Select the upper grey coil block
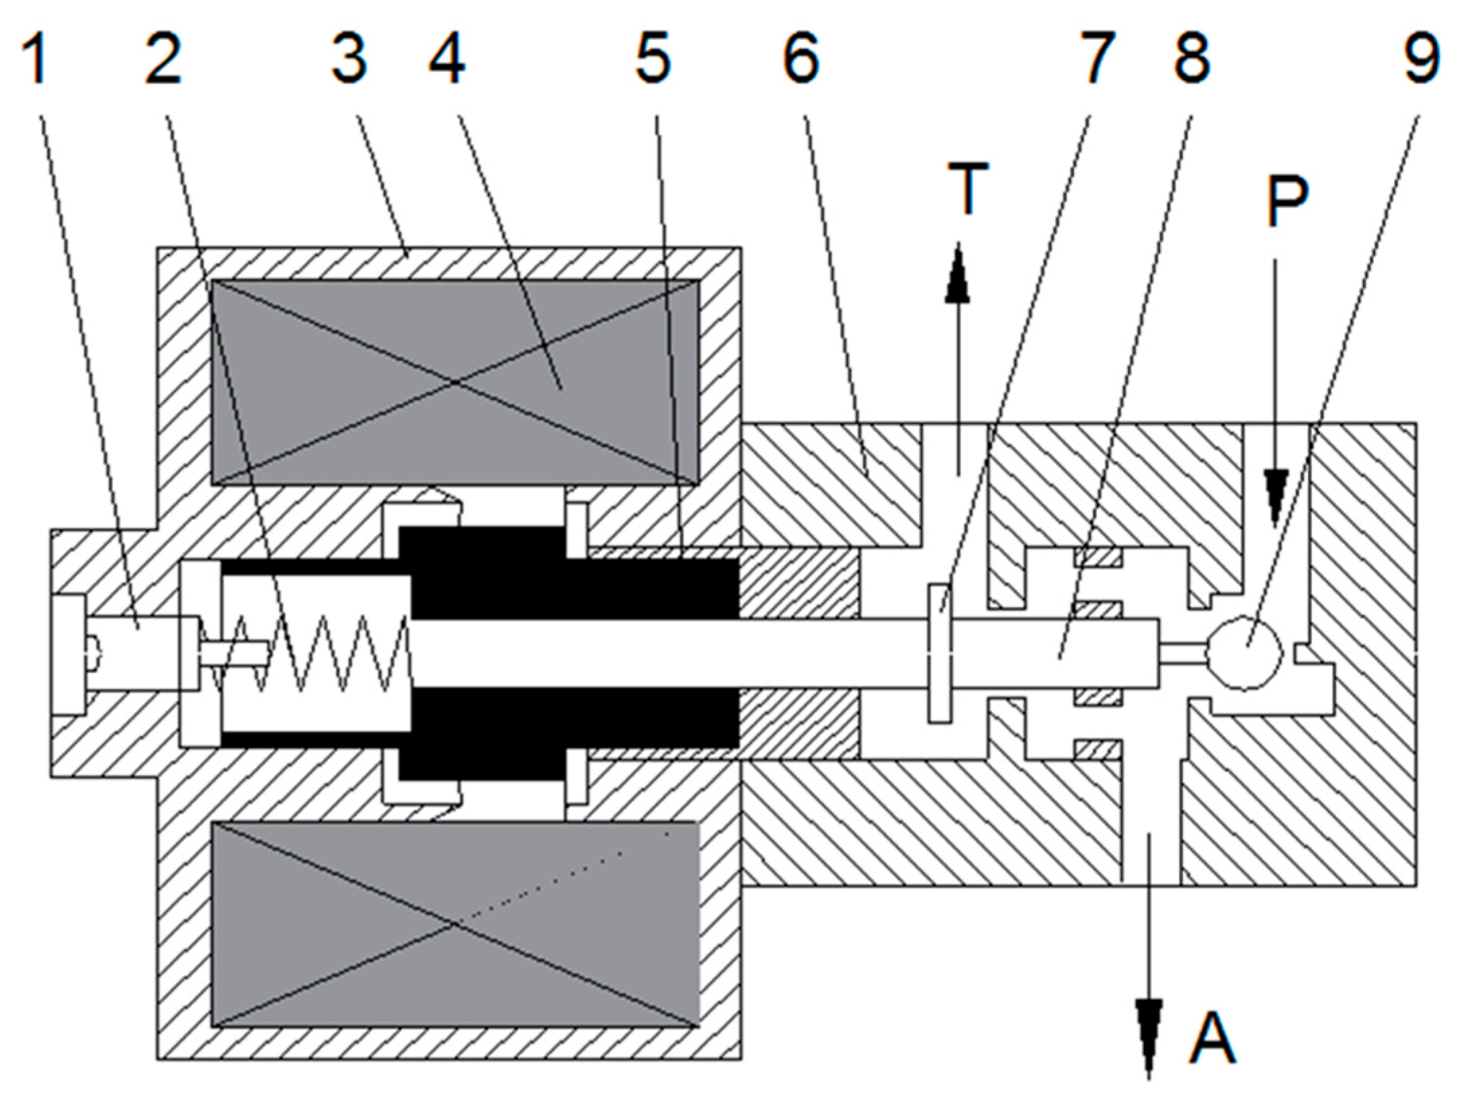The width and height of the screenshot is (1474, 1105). [455, 382]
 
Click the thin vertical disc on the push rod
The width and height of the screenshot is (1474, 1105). [940, 653]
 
